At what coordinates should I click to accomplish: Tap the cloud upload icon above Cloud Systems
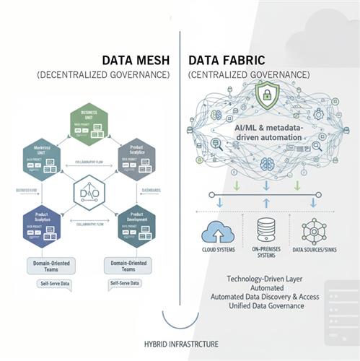[216, 232]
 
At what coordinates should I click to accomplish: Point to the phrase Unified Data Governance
[258, 305]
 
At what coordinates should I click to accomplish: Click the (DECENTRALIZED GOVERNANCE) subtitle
[102, 75]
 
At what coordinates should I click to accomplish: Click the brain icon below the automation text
[264, 160]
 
